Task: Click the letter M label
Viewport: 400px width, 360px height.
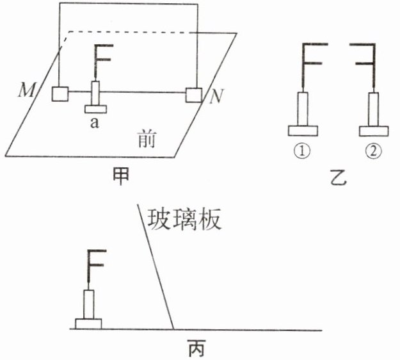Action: (26, 90)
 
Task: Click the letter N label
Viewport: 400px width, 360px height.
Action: (217, 97)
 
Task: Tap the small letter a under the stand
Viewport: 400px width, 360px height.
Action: (95, 124)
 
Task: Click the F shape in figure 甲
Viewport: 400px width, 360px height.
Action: (102, 59)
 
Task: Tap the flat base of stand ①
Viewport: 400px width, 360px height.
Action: (303, 131)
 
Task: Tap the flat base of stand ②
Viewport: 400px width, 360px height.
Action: (374, 131)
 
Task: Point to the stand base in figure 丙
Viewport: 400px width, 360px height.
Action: (89, 323)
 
